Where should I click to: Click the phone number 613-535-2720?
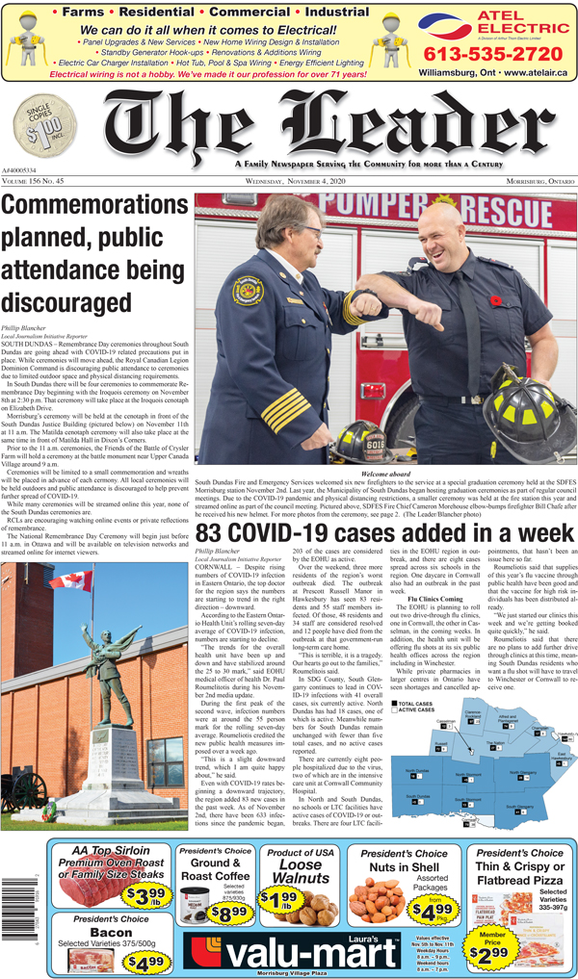click(491, 53)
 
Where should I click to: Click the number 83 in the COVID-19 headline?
click(216, 535)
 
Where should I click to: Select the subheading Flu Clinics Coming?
click(428, 626)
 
